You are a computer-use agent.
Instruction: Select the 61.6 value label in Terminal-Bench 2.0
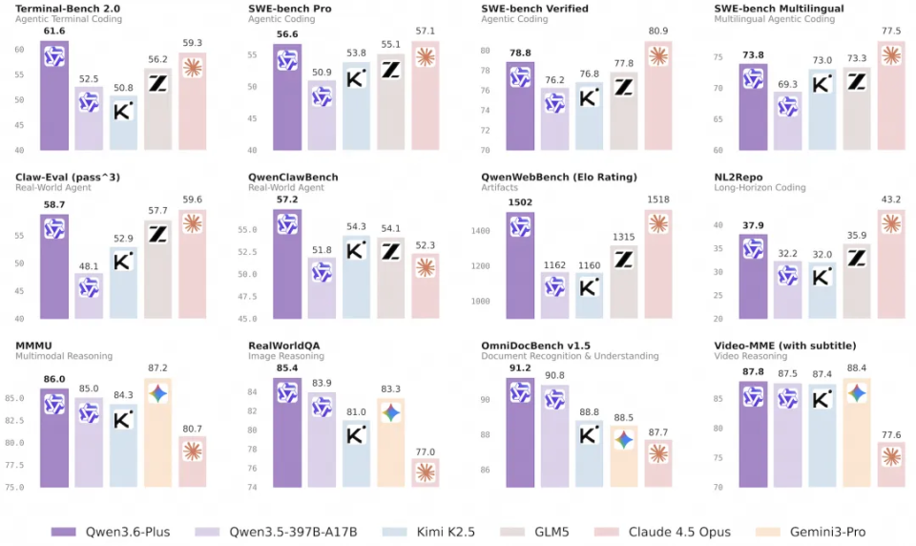[54, 31]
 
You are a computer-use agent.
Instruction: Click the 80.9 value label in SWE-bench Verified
[658, 31]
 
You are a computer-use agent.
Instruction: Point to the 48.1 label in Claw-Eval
[89, 266]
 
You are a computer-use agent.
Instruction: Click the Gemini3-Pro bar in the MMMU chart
[158, 434]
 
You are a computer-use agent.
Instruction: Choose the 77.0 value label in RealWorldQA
[426, 451]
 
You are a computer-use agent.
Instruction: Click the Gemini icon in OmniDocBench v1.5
[623, 439]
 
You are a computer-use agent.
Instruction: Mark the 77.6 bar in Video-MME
[891, 466]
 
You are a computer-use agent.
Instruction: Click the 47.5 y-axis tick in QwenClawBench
[246, 297]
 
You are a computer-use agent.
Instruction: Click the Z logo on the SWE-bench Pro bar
[390, 69]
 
